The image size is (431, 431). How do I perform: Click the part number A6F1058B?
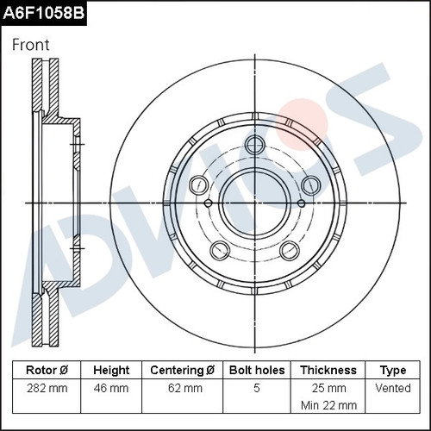tap(43, 13)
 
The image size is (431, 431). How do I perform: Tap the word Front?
tap(31, 45)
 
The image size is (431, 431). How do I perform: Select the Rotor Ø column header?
tap(47, 370)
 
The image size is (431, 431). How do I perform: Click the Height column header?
tap(111, 370)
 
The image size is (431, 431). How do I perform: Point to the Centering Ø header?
tap(182, 370)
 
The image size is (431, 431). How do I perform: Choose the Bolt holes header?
tap(257, 370)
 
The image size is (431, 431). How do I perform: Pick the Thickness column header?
tap(328, 370)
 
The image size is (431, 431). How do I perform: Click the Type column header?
tap(393, 371)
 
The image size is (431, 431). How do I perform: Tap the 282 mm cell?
tap(47, 388)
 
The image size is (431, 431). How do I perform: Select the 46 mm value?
tap(111, 388)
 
